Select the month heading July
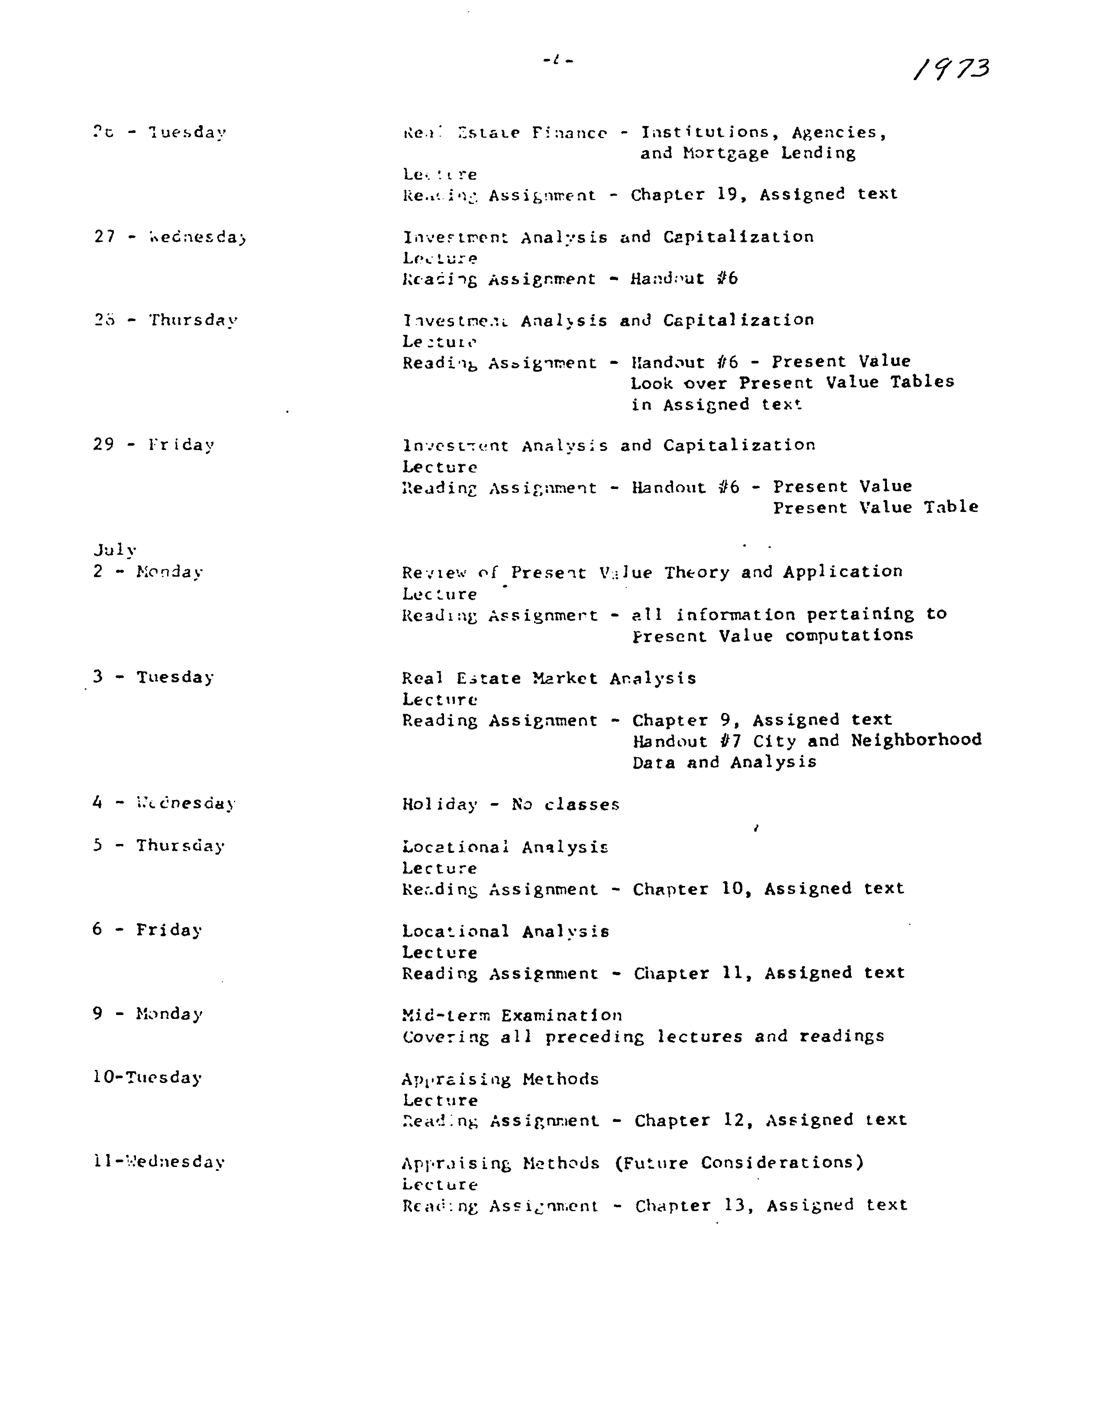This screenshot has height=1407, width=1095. (x=115, y=550)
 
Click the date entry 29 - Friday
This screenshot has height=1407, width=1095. (x=153, y=445)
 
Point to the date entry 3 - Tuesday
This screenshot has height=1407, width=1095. (x=153, y=677)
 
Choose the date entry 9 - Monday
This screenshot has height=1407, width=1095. (x=148, y=1014)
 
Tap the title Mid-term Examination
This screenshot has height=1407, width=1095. (x=512, y=1015)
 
